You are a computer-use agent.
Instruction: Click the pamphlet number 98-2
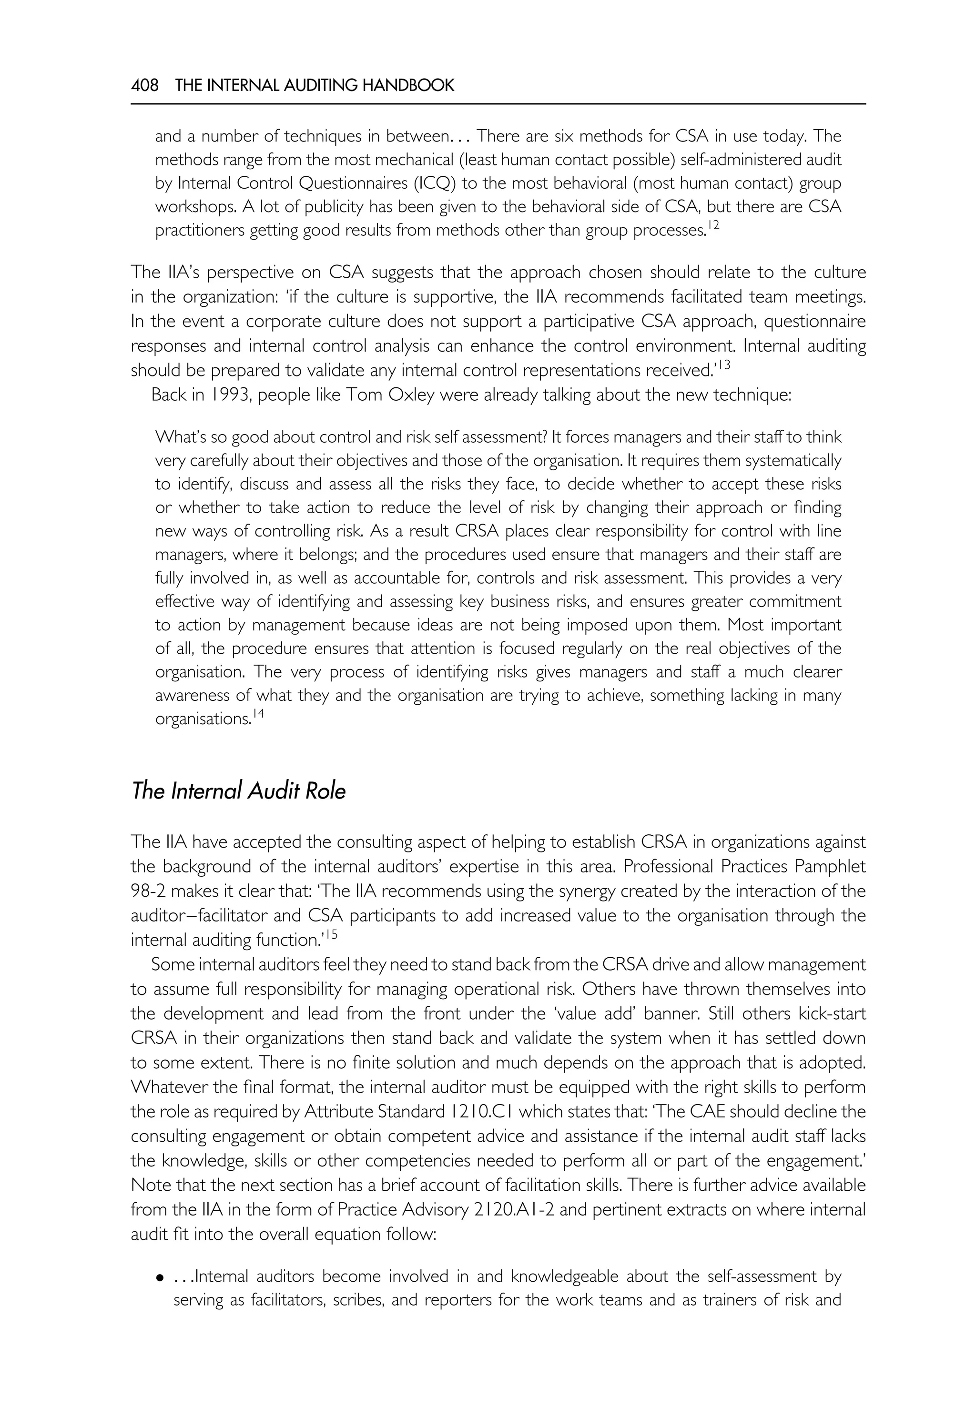click(x=147, y=891)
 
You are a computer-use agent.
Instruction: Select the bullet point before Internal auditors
click(x=160, y=1277)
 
